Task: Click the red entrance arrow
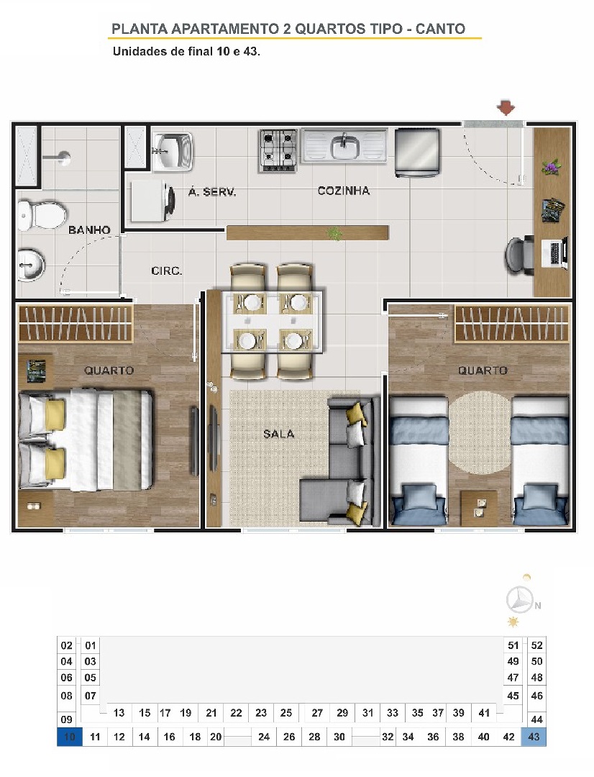point(506,107)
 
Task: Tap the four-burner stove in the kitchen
point(278,150)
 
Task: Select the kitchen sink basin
point(345,147)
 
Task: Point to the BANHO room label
point(89,230)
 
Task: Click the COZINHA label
point(343,191)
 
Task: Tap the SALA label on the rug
point(279,434)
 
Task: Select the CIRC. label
point(166,271)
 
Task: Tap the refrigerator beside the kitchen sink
point(417,152)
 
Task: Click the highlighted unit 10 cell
point(69,737)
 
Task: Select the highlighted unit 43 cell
point(534,737)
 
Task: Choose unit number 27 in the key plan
point(317,713)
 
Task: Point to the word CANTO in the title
point(440,29)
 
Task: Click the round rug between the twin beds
point(480,432)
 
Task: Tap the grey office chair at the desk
point(518,254)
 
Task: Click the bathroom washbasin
point(31,265)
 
